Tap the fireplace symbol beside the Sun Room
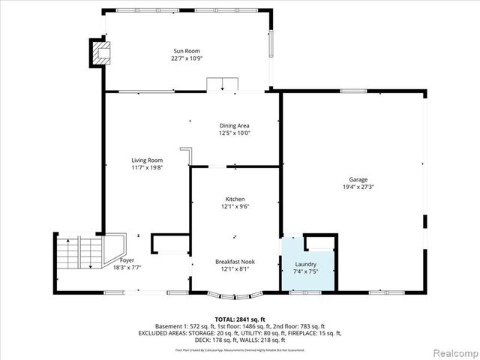[x=100, y=52]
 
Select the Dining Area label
[x=234, y=125]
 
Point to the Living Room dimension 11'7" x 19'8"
[x=147, y=168]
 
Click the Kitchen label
[x=235, y=199]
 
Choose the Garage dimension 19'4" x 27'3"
[x=358, y=187]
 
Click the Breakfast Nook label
[x=235, y=261]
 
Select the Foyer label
[x=127, y=259]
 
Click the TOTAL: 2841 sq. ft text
[x=240, y=320]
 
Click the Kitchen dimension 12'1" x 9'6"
[x=235, y=206]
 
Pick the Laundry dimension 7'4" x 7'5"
[x=305, y=271]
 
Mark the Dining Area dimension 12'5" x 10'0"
[x=234, y=133]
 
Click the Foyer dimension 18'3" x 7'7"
[x=127, y=267]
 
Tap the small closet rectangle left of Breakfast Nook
[x=169, y=244]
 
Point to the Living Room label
[x=147, y=160]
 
